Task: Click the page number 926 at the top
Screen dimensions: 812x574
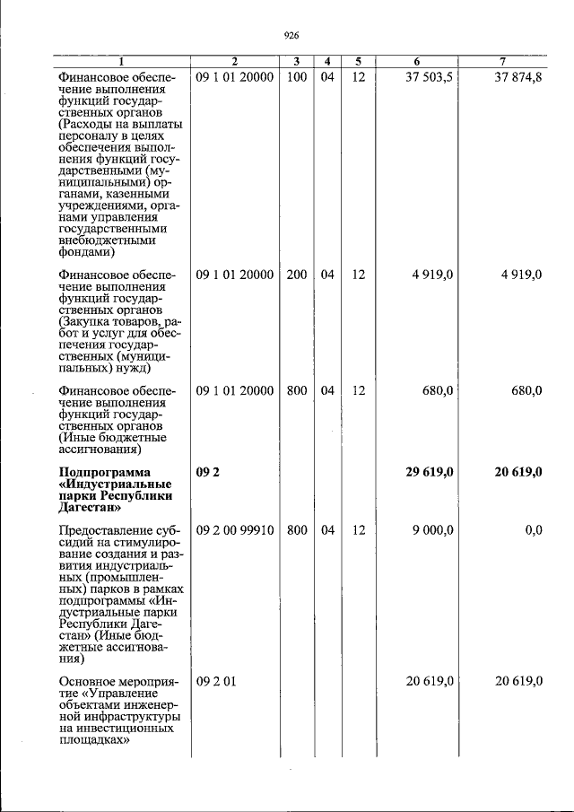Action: (x=290, y=36)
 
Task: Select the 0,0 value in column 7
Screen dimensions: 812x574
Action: (x=533, y=530)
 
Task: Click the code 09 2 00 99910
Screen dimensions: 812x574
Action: (x=234, y=530)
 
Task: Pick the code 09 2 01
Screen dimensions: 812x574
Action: (x=215, y=683)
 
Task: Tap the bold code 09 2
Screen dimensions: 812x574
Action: (x=207, y=473)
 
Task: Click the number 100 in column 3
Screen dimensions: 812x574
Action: (x=297, y=78)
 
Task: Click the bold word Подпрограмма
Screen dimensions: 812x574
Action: (x=105, y=473)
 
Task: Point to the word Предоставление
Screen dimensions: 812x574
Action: (x=100, y=530)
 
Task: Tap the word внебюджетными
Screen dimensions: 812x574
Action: (x=107, y=240)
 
